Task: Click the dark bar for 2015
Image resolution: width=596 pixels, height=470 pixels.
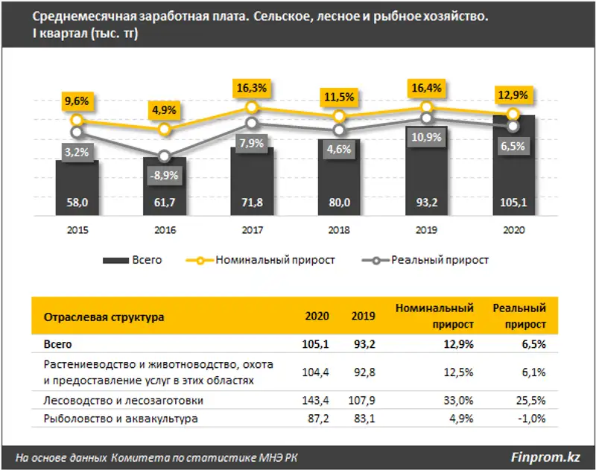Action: coord(77,186)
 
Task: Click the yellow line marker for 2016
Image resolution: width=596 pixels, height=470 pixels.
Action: coord(165,130)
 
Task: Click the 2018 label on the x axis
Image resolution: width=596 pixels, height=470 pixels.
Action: coord(339,231)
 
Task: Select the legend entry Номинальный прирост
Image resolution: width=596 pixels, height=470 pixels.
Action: coord(275,260)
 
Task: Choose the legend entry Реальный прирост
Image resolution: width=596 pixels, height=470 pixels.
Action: coord(440,260)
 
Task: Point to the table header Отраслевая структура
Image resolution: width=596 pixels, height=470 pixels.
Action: coord(104,316)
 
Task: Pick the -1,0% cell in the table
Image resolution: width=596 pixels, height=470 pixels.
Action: coord(530,419)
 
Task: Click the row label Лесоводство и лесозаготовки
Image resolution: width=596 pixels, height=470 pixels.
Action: coord(123,400)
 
